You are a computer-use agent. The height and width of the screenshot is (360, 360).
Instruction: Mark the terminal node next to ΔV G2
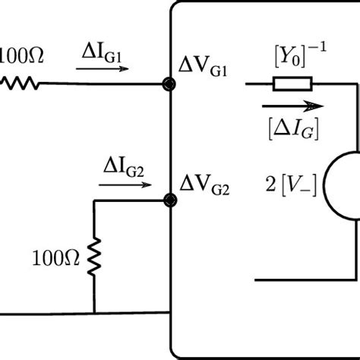(x=172, y=201)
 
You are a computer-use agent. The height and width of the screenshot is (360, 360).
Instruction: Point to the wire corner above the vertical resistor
(x=94, y=201)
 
